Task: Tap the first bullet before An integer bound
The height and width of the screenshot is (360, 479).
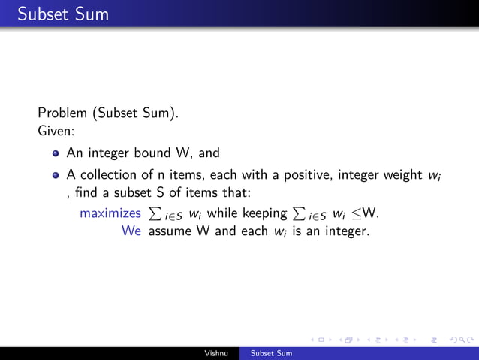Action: click(56, 154)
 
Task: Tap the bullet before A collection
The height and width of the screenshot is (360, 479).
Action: click(56, 176)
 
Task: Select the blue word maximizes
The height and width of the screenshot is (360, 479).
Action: click(110, 213)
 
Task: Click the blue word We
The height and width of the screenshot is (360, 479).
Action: click(132, 231)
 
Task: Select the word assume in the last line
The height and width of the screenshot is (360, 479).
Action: click(170, 231)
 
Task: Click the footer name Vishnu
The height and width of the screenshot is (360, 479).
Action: click(218, 353)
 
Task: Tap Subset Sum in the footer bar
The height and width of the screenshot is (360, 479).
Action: click(271, 353)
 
